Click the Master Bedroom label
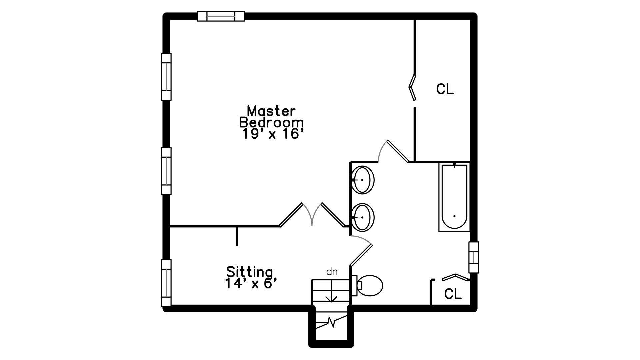tap(271, 116)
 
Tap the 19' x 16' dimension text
tap(273, 134)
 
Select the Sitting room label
tap(250, 272)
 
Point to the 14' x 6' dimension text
tap(251, 284)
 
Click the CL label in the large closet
tap(445, 89)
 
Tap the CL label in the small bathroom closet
tap(453, 294)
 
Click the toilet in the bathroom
tap(367, 286)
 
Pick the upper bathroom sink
tap(363, 180)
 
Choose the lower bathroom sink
tap(363, 217)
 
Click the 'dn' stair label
tap(332, 272)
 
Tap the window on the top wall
tap(221, 16)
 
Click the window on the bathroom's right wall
tap(474, 257)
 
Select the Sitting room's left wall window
tap(166, 283)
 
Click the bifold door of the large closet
tap(413, 87)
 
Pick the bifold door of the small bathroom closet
tap(455, 277)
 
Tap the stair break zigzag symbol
tap(331, 322)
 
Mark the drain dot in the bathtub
tap(454, 216)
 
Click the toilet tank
tap(354, 286)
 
